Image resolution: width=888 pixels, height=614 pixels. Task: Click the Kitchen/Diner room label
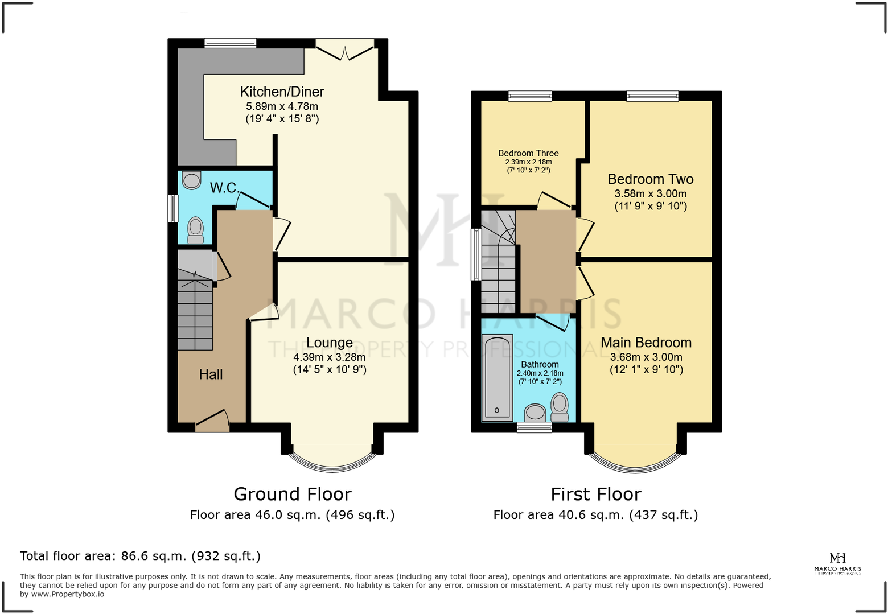(x=282, y=92)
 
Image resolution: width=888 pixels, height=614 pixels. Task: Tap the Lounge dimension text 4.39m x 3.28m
(x=329, y=357)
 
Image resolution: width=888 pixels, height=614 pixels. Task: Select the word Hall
(x=211, y=374)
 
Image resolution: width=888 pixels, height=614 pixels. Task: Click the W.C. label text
(x=224, y=188)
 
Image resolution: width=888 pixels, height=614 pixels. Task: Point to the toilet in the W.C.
(x=195, y=229)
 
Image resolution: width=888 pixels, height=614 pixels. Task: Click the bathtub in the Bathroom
(x=497, y=377)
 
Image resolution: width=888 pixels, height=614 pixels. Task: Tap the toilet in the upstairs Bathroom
(x=560, y=407)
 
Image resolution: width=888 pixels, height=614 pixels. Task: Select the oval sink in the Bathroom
(x=535, y=411)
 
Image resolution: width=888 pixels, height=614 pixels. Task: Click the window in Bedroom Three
(x=530, y=96)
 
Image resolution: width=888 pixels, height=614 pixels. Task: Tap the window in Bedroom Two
(x=652, y=96)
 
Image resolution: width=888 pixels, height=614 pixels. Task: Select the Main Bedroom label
(x=646, y=343)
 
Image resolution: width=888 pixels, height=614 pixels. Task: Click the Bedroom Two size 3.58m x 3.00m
(x=650, y=193)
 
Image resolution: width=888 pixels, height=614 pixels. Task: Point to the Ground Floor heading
(x=293, y=494)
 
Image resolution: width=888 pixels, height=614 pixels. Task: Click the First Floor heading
(x=595, y=494)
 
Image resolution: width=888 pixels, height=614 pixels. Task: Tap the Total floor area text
(x=140, y=556)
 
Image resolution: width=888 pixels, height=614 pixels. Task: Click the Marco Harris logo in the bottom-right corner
(x=837, y=563)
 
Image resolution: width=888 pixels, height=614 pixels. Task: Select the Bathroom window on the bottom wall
(x=534, y=427)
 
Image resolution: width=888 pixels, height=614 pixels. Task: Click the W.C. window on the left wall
(x=173, y=208)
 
